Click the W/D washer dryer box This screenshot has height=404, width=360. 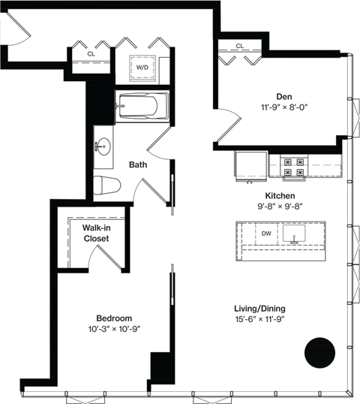coord(141,66)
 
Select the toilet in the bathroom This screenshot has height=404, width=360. coord(109,184)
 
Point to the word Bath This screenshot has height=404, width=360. coord(137,164)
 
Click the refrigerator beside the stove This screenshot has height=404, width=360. coord(250,166)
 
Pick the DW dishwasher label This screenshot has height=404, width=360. coord(266,234)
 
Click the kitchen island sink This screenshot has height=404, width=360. coord(295,237)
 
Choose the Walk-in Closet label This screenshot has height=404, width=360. coord(96,233)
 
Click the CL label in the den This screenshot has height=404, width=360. coord(239,47)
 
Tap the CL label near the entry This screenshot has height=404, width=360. coord(91,54)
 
